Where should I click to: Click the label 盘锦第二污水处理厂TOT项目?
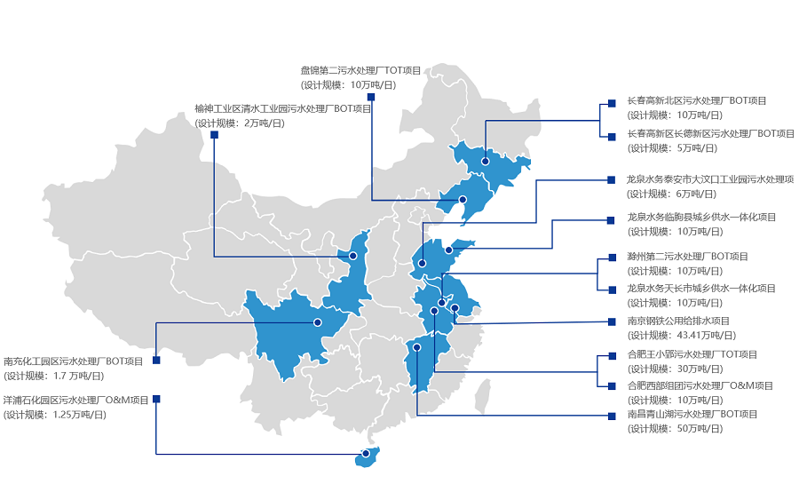click(360, 70)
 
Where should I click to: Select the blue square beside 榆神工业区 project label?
click(215, 135)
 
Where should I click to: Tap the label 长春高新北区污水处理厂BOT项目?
click(696, 101)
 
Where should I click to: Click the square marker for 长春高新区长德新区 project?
click(611, 136)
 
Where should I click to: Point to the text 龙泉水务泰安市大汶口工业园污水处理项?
click(710, 179)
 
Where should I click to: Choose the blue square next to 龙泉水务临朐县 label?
click(611, 218)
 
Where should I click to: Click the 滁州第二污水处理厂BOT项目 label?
click(687, 257)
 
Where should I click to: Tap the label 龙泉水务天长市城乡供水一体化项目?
click(701, 289)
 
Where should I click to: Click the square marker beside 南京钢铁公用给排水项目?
click(611, 321)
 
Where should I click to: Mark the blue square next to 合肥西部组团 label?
click(611, 386)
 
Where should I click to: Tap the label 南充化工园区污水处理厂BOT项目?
click(74, 361)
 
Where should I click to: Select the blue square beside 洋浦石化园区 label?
click(156, 399)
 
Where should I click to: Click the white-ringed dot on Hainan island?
click(366, 454)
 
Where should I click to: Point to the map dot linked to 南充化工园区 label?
click(317, 321)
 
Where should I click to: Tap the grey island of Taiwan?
click(483, 391)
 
